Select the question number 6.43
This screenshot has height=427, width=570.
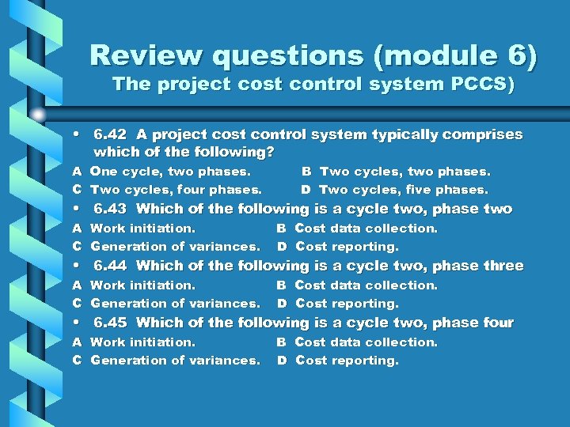click(x=110, y=209)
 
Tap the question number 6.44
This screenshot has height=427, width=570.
click(x=110, y=266)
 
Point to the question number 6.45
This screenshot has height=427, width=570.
click(x=110, y=323)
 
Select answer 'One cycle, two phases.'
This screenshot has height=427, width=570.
click(x=170, y=171)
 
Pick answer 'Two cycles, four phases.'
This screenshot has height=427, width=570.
click(x=176, y=189)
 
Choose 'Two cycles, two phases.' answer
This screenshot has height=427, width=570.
click(x=405, y=171)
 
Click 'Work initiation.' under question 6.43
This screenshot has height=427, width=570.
click(x=143, y=228)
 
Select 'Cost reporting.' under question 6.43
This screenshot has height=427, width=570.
click(x=347, y=246)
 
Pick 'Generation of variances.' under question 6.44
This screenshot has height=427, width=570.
click(x=175, y=303)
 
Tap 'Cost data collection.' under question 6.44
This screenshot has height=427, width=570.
click(x=366, y=285)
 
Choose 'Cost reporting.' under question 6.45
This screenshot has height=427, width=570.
click(x=347, y=360)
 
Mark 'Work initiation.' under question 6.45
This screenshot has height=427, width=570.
click(x=143, y=342)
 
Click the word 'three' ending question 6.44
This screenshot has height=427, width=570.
click(x=500, y=266)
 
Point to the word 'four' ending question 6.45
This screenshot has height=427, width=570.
click(x=496, y=323)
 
